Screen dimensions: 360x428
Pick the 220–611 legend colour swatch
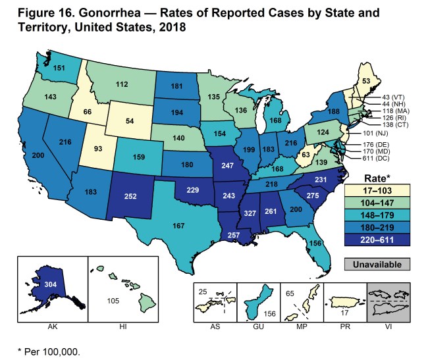coord(380,240)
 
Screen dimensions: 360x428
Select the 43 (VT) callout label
coord(381,97)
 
